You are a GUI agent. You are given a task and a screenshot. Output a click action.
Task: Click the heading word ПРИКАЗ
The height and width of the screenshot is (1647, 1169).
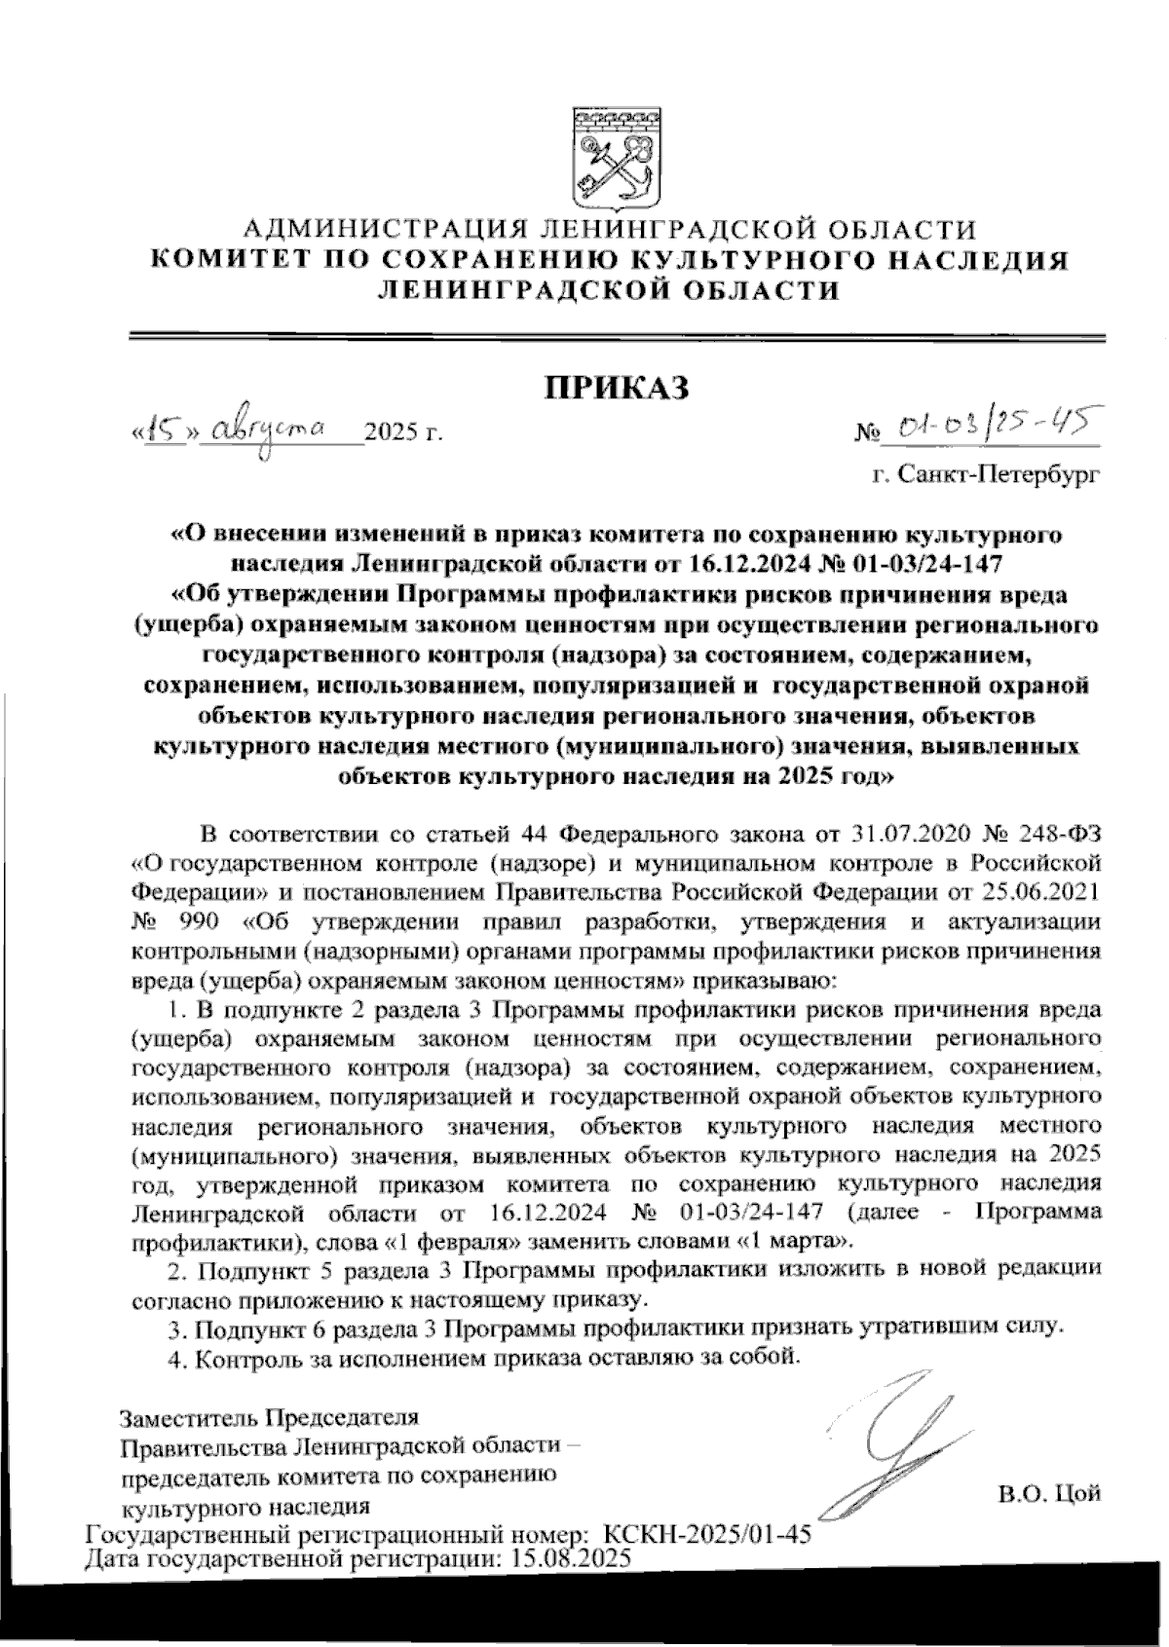(615, 386)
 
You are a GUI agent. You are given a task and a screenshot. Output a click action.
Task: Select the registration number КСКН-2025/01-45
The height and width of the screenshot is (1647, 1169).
(708, 1536)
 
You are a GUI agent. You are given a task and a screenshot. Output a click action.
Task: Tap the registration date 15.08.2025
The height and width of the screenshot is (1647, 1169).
(566, 1557)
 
